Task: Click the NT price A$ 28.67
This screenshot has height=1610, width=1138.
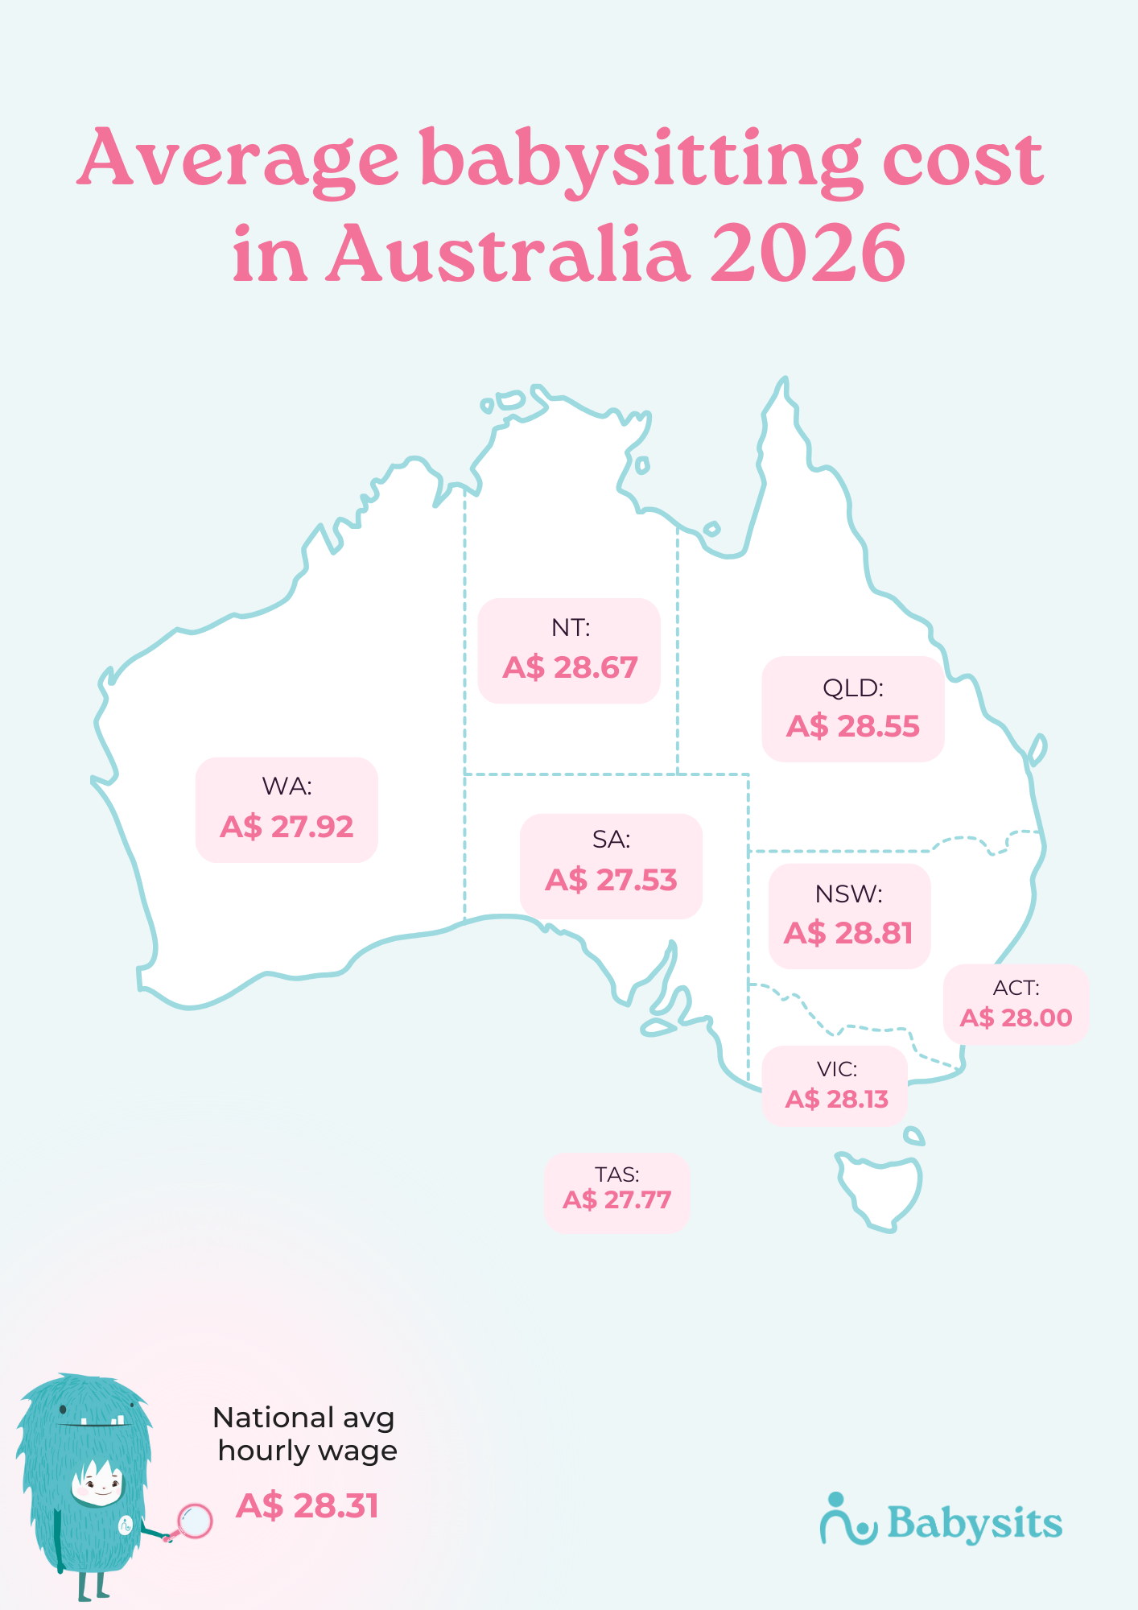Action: pyautogui.click(x=570, y=667)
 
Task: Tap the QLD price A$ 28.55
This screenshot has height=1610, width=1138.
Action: pyautogui.click(x=852, y=726)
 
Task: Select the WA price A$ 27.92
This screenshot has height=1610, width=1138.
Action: pyautogui.click(x=287, y=827)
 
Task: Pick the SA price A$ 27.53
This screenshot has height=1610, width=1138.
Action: pyautogui.click(x=611, y=880)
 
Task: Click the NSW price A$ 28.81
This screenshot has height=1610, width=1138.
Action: pyautogui.click(x=848, y=933)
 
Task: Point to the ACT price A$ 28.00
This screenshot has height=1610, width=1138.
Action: pyautogui.click(x=1016, y=1018)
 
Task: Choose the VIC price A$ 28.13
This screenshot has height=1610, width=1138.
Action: pyautogui.click(x=836, y=1099)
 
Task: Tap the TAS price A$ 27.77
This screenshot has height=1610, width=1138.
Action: pyautogui.click(x=616, y=1200)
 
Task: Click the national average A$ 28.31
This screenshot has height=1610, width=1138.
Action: pyautogui.click(x=307, y=1505)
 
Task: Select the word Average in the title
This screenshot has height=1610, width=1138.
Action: pyautogui.click(x=239, y=159)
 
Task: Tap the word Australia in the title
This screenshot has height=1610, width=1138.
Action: pyautogui.click(x=507, y=254)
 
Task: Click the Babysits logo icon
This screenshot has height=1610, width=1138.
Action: pyautogui.click(x=847, y=1520)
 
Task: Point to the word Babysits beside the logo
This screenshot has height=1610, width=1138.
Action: pyautogui.click(x=975, y=1523)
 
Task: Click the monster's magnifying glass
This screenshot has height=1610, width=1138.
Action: pyautogui.click(x=194, y=1521)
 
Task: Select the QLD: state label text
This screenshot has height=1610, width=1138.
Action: pyautogui.click(x=852, y=688)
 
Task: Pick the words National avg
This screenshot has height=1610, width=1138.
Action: pyautogui.click(x=303, y=1418)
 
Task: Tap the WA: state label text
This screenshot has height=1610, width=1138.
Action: pyautogui.click(x=287, y=786)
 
